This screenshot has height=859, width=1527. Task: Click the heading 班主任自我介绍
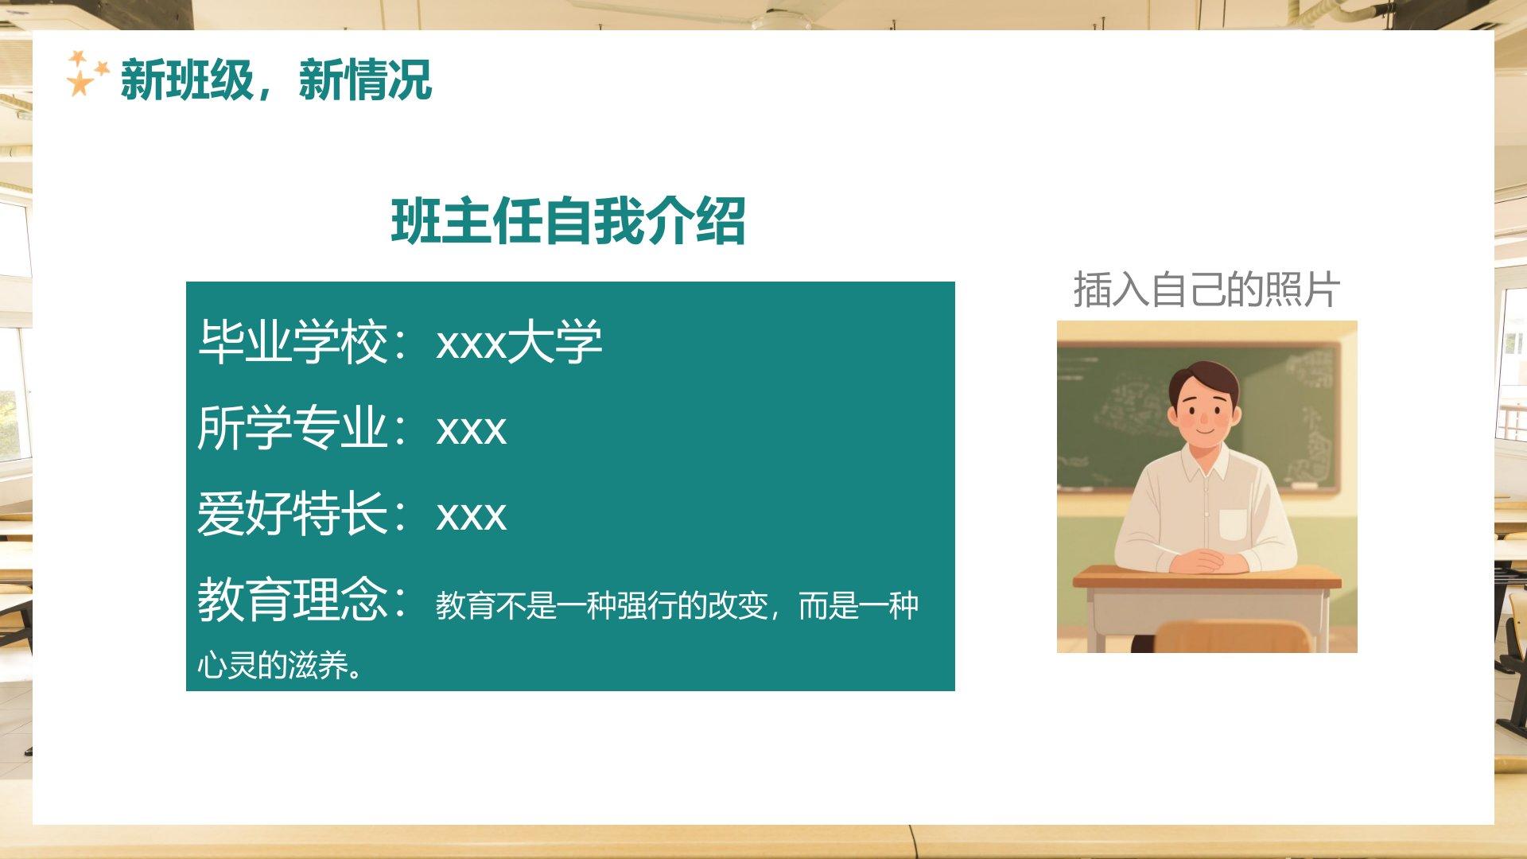pyautogui.click(x=568, y=220)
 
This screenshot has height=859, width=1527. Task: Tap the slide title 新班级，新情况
pyautogui.click(x=276, y=80)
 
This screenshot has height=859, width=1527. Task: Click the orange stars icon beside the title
pyautogui.click(x=87, y=74)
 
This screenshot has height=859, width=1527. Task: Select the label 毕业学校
pyautogui.click(x=293, y=343)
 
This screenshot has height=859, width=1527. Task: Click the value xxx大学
pyautogui.click(x=519, y=343)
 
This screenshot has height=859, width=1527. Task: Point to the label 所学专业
pyautogui.click(x=293, y=428)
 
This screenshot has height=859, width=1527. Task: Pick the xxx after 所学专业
pyautogui.click(x=471, y=430)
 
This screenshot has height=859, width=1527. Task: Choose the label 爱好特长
pyautogui.click(x=293, y=514)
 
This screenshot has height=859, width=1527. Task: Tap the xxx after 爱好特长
pyautogui.click(x=471, y=516)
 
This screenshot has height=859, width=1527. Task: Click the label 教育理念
pyautogui.click(x=293, y=599)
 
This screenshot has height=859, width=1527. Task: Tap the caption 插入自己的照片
pyautogui.click(x=1206, y=290)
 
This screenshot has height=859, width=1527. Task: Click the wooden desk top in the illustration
pyautogui.click(x=1206, y=577)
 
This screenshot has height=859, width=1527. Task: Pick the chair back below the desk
pyautogui.click(x=1232, y=636)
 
